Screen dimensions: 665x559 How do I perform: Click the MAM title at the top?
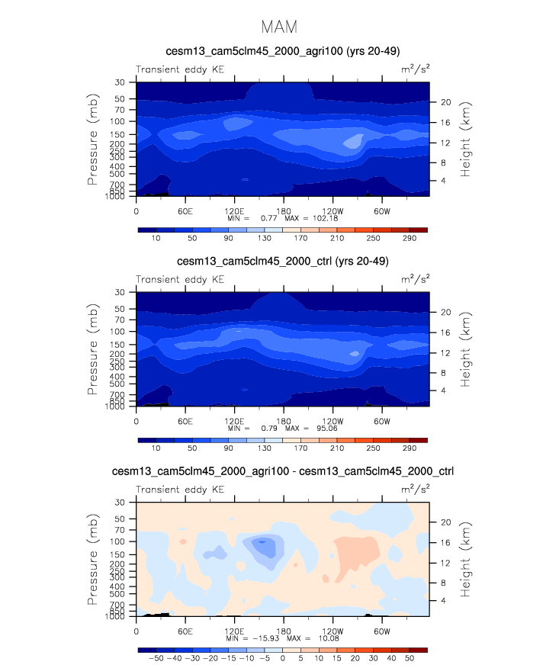point(279,27)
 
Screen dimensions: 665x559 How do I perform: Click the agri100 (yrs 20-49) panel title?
point(283,52)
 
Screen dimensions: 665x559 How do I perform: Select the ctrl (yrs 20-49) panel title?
point(283,262)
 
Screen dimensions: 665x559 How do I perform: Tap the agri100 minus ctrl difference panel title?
point(283,471)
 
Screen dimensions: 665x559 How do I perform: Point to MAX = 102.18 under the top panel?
point(307,218)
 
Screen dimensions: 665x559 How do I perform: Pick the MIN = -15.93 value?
point(262,638)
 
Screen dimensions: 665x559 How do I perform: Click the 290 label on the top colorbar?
point(409,239)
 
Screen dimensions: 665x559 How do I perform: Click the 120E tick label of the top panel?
point(234,210)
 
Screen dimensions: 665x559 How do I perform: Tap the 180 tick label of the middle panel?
point(284,419)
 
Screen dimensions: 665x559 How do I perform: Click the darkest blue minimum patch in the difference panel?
point(262,541)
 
